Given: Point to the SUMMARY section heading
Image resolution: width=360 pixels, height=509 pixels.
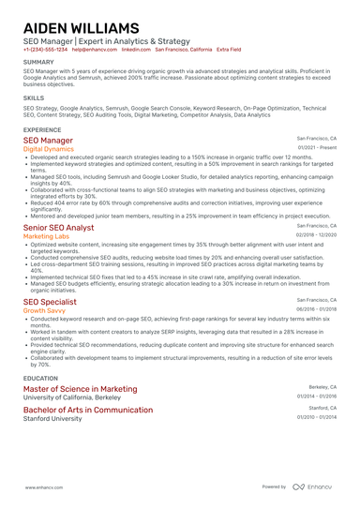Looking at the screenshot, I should (38, 63).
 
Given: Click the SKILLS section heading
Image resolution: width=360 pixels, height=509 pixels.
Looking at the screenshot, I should (33, 97).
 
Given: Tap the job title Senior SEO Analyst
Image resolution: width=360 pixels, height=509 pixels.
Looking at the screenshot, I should (58, 228).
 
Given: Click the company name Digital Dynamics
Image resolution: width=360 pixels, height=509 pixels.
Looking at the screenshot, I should (49, 149).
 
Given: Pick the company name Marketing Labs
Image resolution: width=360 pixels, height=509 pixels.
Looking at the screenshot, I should (46, 237).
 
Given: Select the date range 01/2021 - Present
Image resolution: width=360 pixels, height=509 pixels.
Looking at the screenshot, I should (318, 148).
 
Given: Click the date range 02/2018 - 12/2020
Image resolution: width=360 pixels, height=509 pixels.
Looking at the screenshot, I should (316, 236).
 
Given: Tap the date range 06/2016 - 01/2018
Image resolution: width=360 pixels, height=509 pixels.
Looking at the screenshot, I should (316, 307).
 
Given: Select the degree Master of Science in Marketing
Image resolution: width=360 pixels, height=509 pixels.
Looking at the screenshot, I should (80, 388).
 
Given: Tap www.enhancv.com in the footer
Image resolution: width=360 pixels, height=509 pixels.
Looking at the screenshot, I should (44, 488).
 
